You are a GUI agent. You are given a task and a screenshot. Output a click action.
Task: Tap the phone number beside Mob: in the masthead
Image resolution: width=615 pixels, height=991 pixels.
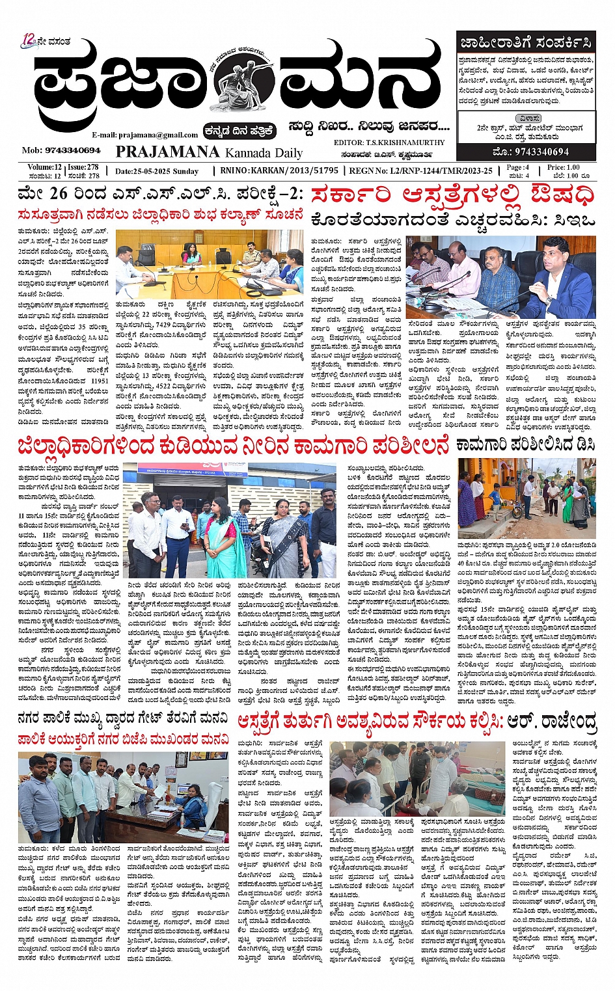(x=72, y=150)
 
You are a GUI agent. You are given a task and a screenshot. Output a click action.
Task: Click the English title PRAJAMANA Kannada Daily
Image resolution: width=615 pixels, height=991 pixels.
(x=209, y=152)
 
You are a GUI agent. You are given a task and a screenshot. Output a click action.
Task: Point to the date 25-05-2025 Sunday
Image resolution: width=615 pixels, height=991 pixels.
(x=157, y=171)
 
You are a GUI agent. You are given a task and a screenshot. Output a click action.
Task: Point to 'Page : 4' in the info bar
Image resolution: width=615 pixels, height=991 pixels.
(x=518, y=167)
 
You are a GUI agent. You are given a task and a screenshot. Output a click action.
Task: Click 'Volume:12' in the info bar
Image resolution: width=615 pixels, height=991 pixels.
(x=44, y=167)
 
